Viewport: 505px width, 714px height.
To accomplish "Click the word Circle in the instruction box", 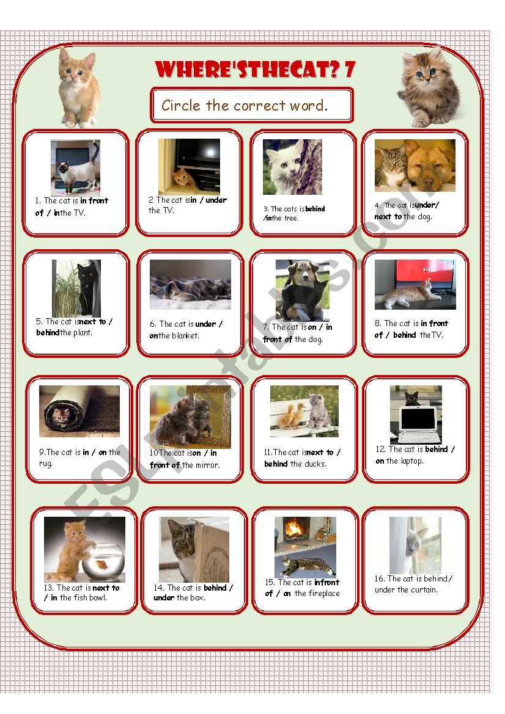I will point(181,105).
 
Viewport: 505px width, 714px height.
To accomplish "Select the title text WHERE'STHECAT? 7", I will point(255,69).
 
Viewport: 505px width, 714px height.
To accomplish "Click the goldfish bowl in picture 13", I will point(103,561).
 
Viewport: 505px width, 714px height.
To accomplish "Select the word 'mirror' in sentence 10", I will point(207,465).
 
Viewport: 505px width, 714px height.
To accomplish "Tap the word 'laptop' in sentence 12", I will point(411,461).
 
